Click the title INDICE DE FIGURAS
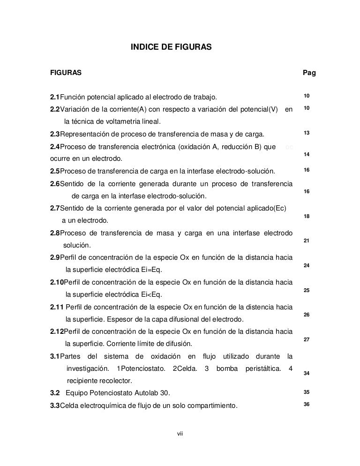pos(171,47)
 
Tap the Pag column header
pos(309,73)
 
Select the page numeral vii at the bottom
pos(180,432)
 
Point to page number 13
pos(307,134)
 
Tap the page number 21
pos(307,241)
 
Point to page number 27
pos(307,339)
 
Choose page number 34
pos(307,374)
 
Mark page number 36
pos(307,405)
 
